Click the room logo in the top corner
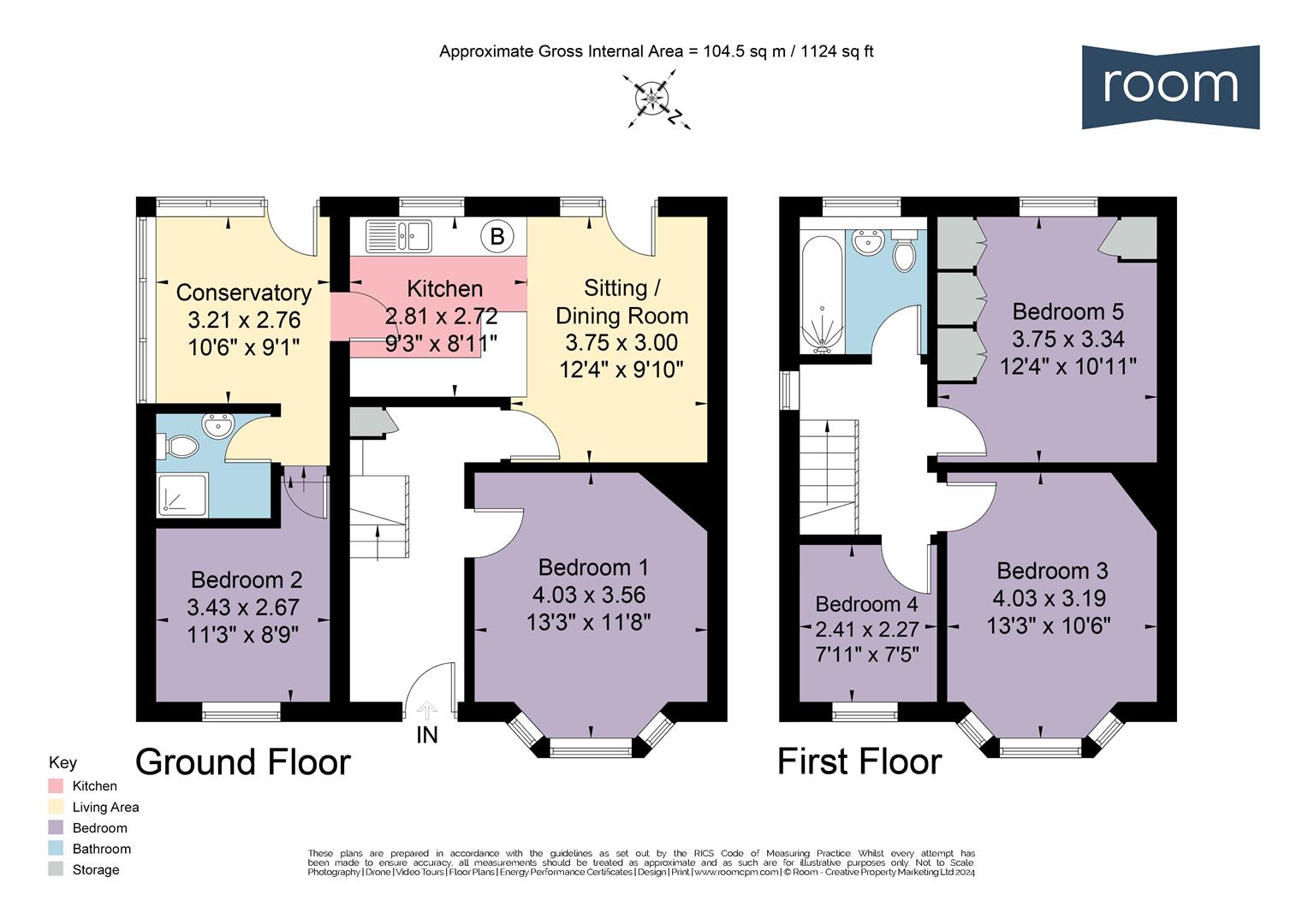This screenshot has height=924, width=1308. pos(1169,86)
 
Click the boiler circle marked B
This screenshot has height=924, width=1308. pos(496,235)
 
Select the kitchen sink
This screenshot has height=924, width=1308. pos(399,236)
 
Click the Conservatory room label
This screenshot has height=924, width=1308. pos(244,293)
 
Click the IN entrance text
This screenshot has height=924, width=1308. pos(426,735)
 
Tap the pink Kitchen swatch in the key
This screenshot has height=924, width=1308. pos(56,785)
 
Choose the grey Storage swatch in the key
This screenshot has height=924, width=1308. pos(56,869)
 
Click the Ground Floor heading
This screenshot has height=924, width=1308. pos(243,761)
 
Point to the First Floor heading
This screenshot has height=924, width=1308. pos(859,761)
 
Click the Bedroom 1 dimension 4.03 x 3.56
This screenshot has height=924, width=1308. pos(589,595)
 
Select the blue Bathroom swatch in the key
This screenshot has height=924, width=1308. pos(56,849)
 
